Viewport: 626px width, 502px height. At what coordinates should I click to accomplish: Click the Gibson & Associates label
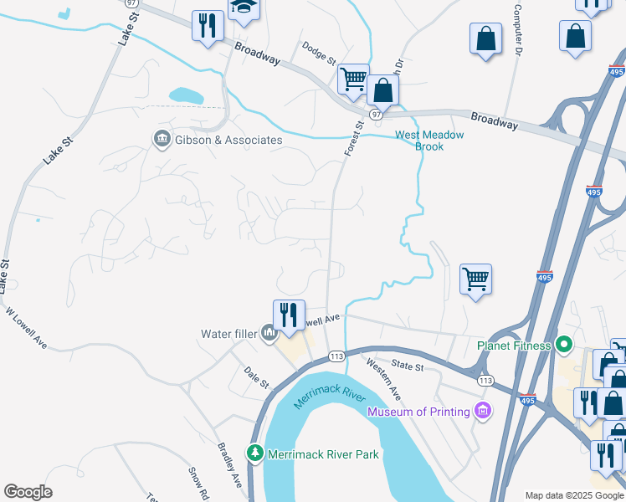point(228,140)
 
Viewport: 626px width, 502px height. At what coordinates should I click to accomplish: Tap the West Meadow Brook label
point(430,140)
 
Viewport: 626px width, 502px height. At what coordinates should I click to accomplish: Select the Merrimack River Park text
point(323,455)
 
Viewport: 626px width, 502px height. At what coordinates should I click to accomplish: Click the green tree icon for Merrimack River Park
point(254,453)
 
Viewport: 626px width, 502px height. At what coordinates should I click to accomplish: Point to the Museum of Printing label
point(418,412)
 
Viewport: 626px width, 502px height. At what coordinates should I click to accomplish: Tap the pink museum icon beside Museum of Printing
point(482,411)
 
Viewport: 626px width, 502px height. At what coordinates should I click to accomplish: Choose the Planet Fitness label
point(514,345)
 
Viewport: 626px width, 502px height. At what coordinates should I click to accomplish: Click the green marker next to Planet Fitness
point(563,344)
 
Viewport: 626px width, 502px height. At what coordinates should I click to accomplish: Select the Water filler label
point(228,334)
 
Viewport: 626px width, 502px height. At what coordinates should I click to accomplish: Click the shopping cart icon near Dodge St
point(353,79)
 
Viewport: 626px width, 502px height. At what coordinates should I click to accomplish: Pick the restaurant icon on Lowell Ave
point(289,315)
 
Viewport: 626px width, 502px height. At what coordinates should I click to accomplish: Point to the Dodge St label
point(319,54)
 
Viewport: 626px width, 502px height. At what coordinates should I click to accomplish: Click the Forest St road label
point(354,139)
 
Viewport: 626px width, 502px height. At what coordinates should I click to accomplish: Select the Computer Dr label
point(518,28)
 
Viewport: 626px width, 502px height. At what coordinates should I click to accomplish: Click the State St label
point(408,366)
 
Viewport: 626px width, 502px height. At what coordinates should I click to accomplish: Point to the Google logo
point(28,492)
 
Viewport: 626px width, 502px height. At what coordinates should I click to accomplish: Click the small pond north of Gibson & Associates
point(186,95)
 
